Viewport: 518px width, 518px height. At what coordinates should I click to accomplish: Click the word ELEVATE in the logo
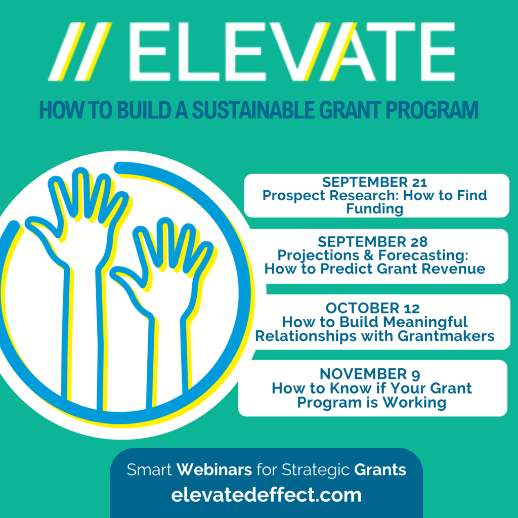click(x=292, y=52)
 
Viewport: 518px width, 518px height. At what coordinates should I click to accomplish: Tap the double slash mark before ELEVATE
click(x=80, y=52)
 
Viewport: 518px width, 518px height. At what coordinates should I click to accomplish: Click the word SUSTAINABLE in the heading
click(x=253, y=110)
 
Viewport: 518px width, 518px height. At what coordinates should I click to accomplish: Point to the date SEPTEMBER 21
click(x=375, y=182)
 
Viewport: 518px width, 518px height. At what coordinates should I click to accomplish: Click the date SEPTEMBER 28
click(x=373, y=242)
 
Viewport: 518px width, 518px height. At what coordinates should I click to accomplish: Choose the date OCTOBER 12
click(x=373, y=308)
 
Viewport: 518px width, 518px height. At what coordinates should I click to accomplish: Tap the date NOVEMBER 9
click(x=370, y=374)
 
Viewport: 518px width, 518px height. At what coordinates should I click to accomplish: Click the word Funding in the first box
click(x=375, y=209)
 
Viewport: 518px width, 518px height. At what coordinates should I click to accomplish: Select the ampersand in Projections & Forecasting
click(x=369, y=255)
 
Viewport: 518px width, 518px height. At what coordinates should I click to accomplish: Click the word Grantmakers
click(x=446, y=336)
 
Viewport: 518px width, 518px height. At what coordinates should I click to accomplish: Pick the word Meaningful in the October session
click(x=425, y=322)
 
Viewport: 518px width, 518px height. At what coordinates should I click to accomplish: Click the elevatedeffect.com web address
click(x=266, y=495)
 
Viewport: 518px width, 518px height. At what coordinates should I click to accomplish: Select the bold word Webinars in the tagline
click(x=214, y=469)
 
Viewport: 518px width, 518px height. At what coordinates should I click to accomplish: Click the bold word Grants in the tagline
click(x=380, y=469)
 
